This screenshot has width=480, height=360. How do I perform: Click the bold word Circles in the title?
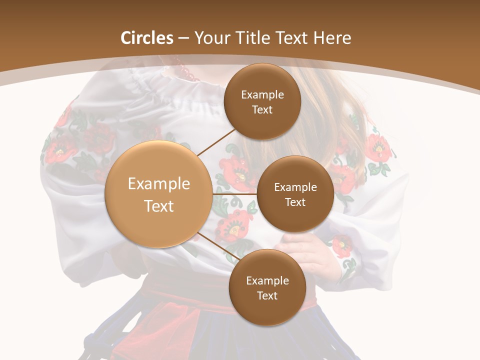[x=147, y=37]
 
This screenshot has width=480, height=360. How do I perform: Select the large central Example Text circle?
[x=158, y=194]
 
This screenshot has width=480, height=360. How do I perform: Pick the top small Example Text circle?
[x=262, y=101]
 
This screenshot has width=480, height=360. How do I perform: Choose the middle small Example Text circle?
[x=295, y=194]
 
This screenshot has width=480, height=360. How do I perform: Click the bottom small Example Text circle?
[x=267, y=287]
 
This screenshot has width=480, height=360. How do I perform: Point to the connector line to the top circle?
[x=217, y=142]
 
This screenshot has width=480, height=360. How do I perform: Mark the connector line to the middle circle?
[x=234, y=193]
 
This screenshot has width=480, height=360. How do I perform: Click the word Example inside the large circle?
[x=158, y=183]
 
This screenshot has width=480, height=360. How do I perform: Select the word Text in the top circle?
[x=262, y=109]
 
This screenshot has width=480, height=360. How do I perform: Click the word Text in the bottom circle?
[x=267, y=295]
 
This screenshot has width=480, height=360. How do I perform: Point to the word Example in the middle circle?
[x=295, y=187]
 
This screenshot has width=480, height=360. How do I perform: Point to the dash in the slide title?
[x=183, y=38]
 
